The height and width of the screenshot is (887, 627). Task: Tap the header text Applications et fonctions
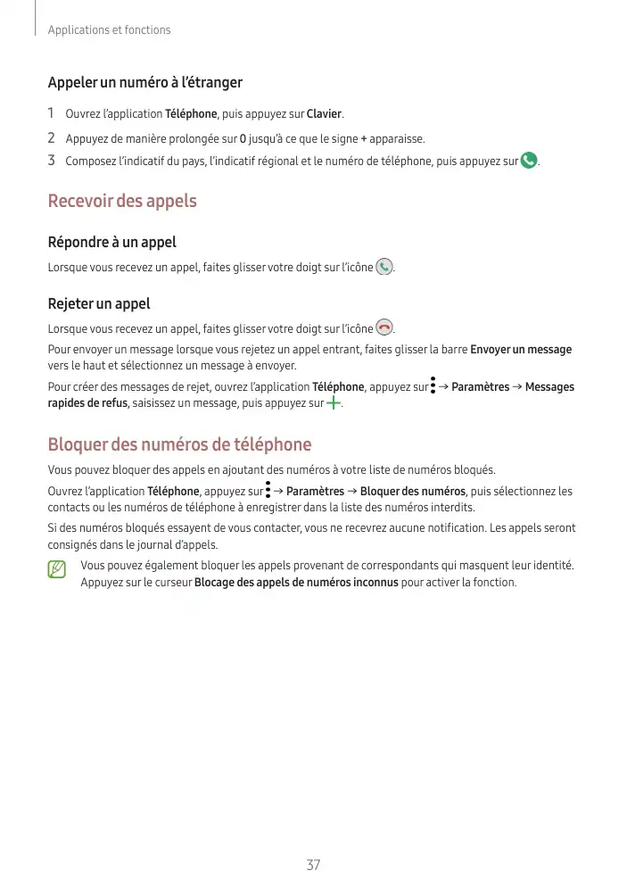pos(109,30)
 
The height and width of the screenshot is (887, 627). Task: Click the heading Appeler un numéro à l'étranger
pos(144,83)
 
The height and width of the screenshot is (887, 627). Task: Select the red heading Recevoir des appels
pos(121,201)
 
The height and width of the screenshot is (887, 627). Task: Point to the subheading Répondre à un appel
pos(111,242)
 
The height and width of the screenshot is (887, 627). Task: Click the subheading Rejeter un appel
pos(98,304)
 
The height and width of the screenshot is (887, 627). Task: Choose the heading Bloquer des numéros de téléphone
pos(179,444)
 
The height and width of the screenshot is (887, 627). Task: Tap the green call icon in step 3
pos(529,162)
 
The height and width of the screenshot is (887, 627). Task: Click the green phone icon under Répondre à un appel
pos(384,267)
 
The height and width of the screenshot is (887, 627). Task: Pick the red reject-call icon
pos(384,327)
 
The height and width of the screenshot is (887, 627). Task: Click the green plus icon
pos(334,403)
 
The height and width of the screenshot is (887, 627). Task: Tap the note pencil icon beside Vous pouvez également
pos(58,568)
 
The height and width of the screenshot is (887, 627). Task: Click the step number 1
pos(52,114)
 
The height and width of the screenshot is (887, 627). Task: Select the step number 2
pos(52,138)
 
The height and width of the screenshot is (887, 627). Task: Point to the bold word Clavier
pos(325,114)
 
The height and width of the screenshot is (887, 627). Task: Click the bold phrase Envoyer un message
pos(521,349)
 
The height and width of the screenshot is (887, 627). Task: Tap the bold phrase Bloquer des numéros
pos(412,491)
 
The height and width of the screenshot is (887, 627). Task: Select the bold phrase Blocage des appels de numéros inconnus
pos(296,583)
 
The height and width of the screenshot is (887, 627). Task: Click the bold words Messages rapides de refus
pos(88,404)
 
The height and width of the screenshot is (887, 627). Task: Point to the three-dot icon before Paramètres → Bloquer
pos(267,490)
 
